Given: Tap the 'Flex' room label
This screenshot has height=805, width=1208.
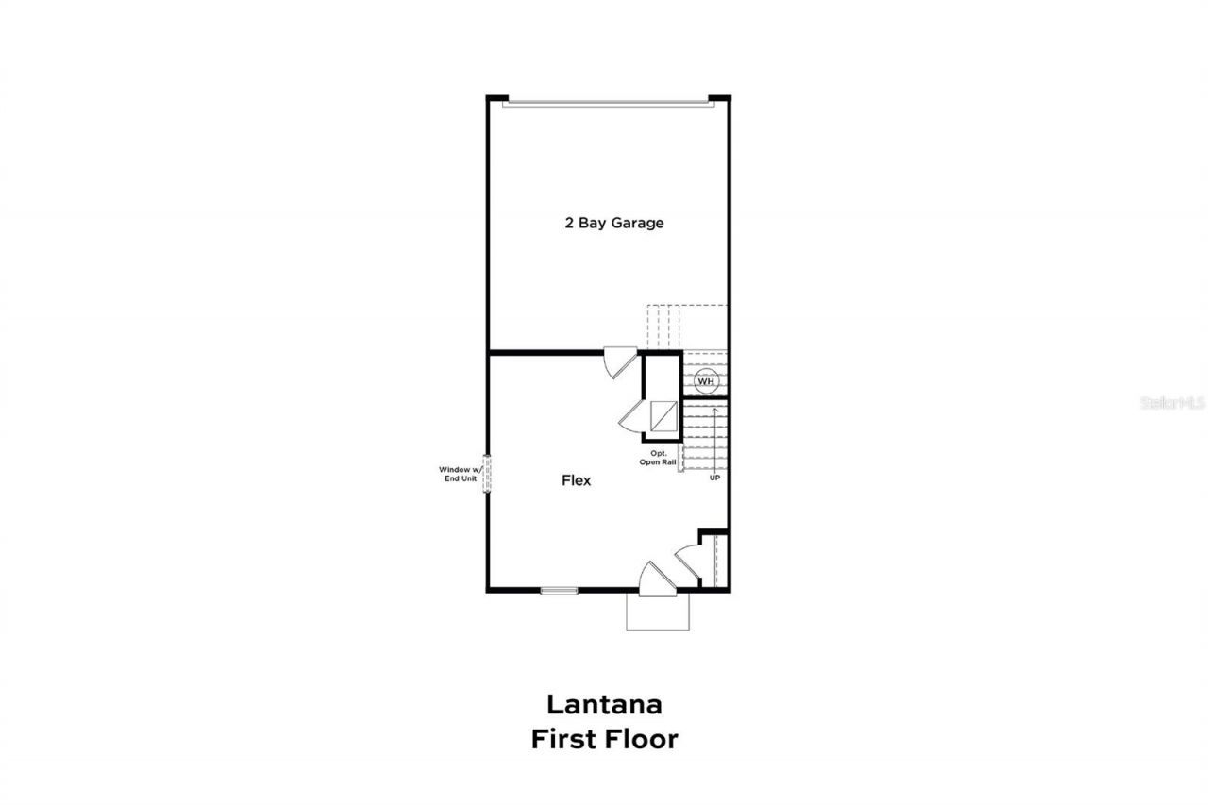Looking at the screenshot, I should click(577, 480).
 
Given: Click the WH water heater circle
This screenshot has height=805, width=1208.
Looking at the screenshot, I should click(707, 381).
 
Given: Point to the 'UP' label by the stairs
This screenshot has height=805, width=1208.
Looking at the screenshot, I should click(714, 478).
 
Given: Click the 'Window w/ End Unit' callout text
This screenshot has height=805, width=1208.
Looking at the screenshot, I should click(460, 474).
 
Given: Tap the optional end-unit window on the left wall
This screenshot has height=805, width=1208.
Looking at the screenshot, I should click(488, 472).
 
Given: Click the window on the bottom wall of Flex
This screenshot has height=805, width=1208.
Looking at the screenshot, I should click(559, 591).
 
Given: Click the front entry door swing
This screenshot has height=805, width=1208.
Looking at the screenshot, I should click(657, 579).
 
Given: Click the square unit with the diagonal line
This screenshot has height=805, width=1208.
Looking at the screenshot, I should click(663, 415).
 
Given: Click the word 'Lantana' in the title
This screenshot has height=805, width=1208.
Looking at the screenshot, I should click(604, 704).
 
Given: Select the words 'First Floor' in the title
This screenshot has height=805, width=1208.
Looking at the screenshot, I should click(604, 739).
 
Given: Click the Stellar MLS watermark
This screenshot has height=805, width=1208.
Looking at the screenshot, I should click(1173, 402).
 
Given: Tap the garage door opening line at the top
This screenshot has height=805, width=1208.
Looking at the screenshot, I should click(604, 104).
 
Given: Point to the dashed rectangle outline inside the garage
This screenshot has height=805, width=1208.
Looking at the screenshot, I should click(687, 326).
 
